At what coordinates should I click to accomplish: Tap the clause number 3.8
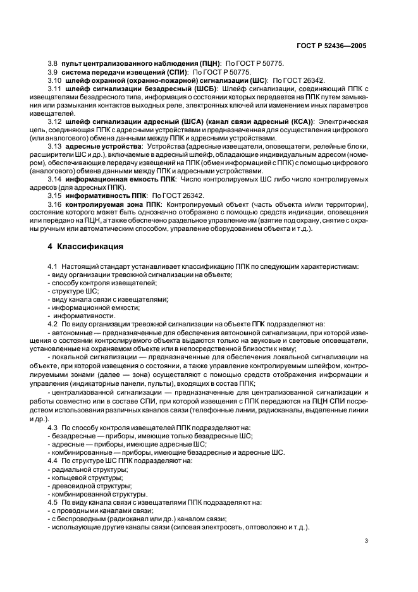tap(53, 64)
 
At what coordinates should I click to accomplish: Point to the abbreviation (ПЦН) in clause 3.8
tap(207, 64)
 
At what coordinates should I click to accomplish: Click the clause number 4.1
tap(53, 266)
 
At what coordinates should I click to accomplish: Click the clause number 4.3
tap(53, 428)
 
